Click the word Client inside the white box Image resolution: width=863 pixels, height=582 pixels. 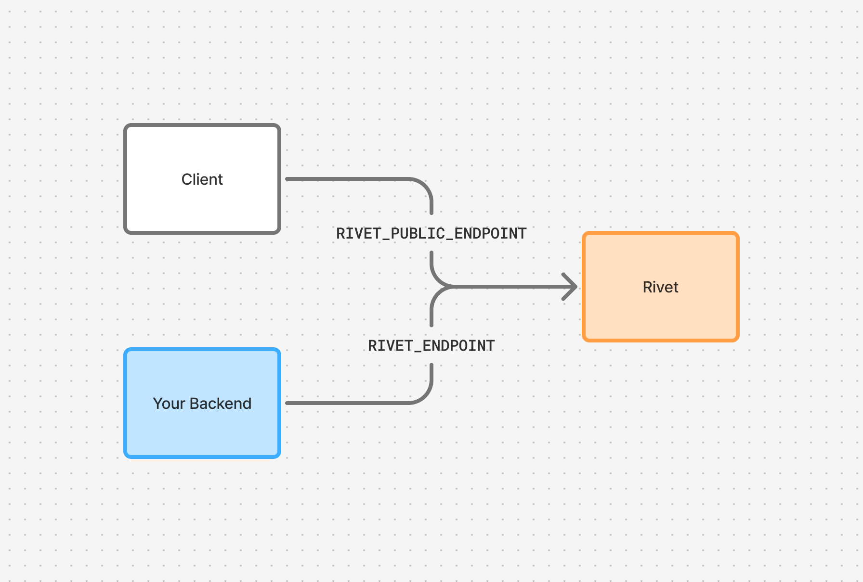[202, 179]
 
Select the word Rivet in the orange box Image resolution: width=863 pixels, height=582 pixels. [660, 287]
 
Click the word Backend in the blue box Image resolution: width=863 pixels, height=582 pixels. [221, 404]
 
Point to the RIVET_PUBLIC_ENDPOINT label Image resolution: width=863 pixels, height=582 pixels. [431, 234]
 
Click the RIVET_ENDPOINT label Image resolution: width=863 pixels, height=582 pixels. [431, 346]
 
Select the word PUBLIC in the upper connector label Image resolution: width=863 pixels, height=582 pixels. [418, 234]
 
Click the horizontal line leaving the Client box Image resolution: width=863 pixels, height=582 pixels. [347, 179]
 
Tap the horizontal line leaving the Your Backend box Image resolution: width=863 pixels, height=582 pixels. [347, 403]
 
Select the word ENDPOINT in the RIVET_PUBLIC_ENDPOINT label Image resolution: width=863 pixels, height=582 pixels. [490, 234]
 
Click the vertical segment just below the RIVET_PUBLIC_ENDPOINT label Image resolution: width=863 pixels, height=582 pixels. [431, 262]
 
